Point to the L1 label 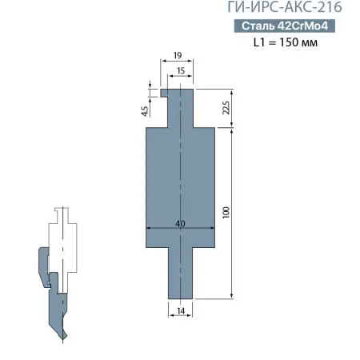260,43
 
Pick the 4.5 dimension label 144,111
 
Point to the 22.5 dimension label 226,107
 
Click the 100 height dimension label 226,213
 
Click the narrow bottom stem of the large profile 180,272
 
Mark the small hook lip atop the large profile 163,92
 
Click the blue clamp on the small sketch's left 42,268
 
